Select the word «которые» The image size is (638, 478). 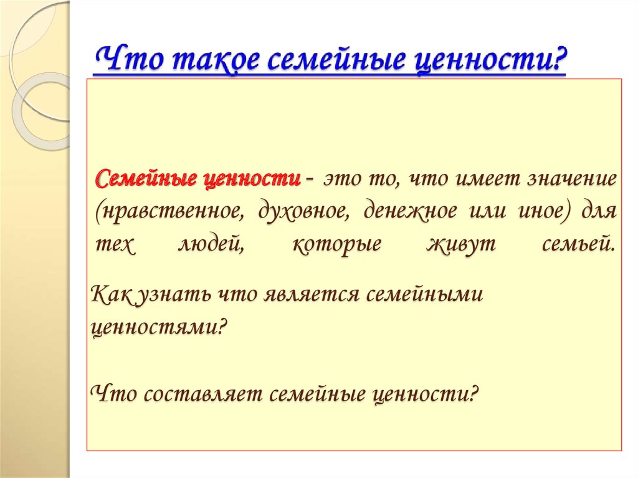[x=336, y=244]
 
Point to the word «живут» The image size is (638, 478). [x=461, y=244]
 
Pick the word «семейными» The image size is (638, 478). [x=424, y=294]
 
